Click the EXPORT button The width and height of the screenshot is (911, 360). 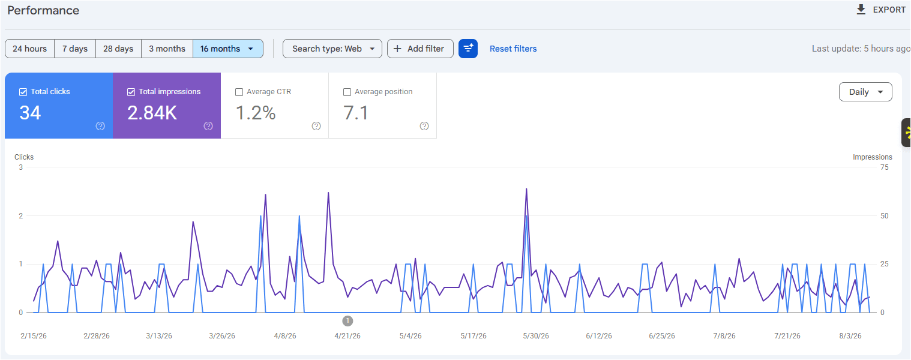(880, 10)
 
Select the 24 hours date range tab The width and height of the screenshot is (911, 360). (29, 49)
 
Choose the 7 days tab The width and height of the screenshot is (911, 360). (75, 49)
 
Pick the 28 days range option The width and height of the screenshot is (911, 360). (118, 49)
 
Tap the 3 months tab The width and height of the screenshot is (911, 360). (167, 49)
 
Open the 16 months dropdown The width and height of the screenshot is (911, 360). (228, 49)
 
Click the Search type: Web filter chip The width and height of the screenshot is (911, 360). (332, 49)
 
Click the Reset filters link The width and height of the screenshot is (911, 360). (513, 49)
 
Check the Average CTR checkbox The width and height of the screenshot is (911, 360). (239, 92)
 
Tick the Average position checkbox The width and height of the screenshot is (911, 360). (347, 92)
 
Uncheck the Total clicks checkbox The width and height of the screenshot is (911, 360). (23, 92)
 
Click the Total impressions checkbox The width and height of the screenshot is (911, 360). (131, 92)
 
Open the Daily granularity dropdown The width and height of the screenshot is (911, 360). (865, 92)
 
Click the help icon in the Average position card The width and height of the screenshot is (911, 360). (424, 126)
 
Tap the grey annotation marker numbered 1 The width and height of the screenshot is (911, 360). (347, 321)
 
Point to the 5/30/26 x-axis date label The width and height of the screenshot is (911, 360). (536, 336)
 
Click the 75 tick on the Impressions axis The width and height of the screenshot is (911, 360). (885, 167)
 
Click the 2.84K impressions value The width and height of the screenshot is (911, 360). (152, 113)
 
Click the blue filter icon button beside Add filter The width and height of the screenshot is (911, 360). (468, 49)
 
